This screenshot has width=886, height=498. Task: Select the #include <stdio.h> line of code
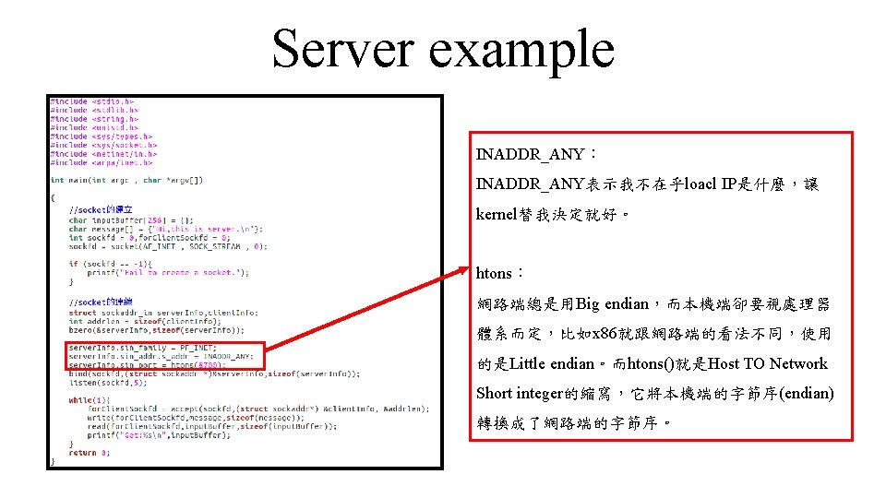tap(92, 101)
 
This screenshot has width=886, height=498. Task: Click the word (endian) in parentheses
tap(807, 393)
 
